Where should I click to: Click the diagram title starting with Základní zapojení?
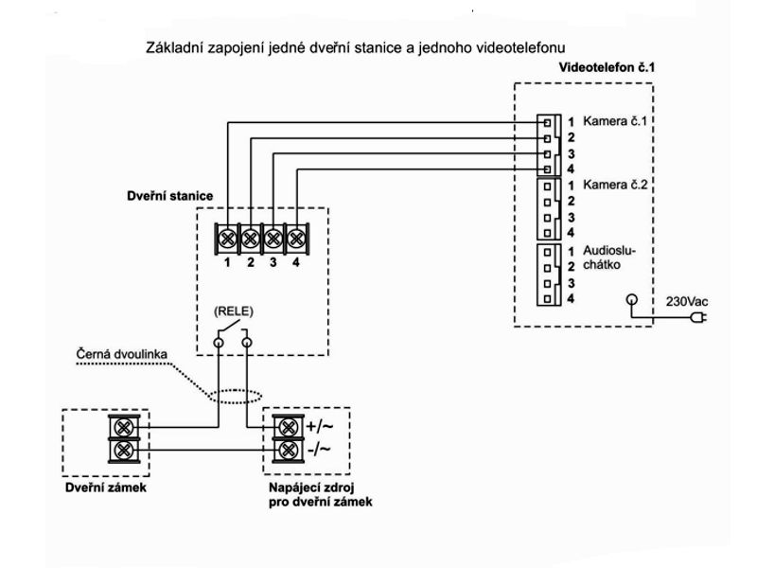pos(362,46)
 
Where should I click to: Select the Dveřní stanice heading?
pos(169,196)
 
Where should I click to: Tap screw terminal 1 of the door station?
pos(228,237)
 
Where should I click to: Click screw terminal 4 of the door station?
pos(296,237)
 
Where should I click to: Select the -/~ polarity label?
pos(317,449)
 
